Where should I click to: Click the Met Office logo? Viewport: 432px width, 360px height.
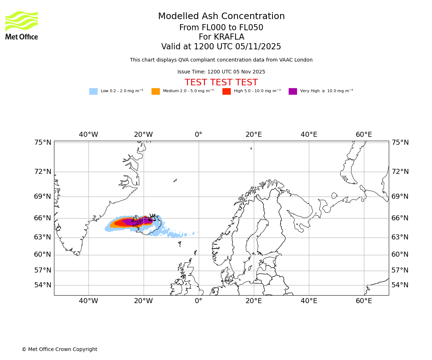click(x=22, y=25)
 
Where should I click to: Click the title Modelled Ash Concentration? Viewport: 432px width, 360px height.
click(x=221, y=17)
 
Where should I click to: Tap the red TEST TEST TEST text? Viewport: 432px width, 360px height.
click(x=221, y=82)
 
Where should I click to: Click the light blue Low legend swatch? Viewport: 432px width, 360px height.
click(x=93, y=91)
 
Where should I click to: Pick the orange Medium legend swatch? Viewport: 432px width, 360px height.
click(x=156, y=91)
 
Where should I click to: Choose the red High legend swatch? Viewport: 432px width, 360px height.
click(x=226, y=91)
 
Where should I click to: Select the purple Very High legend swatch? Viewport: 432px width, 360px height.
click(x=293, y=91)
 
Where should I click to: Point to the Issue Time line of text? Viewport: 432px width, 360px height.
click(x=221, y=72)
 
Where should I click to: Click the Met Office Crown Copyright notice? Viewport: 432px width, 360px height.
click(x=59, y=349)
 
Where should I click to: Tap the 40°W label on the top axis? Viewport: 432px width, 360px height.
click(x=88, y=135)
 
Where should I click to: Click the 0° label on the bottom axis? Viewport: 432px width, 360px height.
click(x=198, y=301)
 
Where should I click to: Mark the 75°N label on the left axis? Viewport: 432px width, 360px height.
click(x=43, y=143)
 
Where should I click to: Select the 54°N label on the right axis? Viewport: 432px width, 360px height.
click(x=400, y=285)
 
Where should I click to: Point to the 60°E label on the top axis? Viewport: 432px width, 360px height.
click(x=364, y=135)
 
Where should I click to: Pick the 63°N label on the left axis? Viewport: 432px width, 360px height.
click(x=43, y=237)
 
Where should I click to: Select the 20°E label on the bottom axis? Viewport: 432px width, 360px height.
click(x=253, y=301)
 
